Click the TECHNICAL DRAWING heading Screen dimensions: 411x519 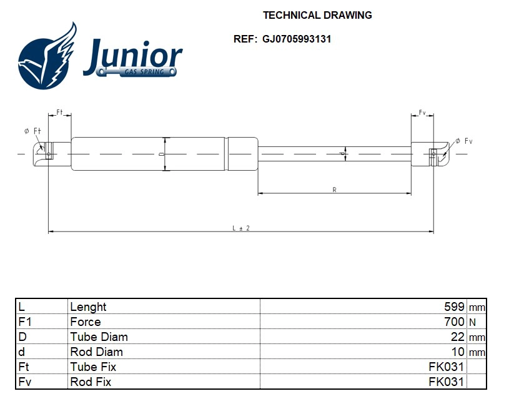tap(317, 15)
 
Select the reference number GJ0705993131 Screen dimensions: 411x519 tap(297, 39)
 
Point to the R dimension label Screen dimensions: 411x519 tap(335, 190)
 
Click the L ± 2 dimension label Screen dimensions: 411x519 tap(241, 228)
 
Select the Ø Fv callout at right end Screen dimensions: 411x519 tap(463, 141)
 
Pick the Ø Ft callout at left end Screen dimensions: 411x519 tap(32, 131)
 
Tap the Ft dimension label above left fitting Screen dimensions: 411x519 tap(60, 112)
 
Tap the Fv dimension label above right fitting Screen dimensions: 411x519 tap(422, 113)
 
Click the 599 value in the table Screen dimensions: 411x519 tap(454, 307)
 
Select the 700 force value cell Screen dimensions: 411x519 tap(454, 322)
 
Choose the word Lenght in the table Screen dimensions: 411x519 tap(88, 307)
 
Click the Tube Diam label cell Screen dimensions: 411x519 tap(99, 337)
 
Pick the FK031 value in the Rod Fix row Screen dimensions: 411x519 tap(446, 382)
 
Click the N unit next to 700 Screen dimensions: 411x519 tap(473, 322)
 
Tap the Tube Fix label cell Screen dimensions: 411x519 tap(93, 367)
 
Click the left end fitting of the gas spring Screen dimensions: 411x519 tap(47, 152)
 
